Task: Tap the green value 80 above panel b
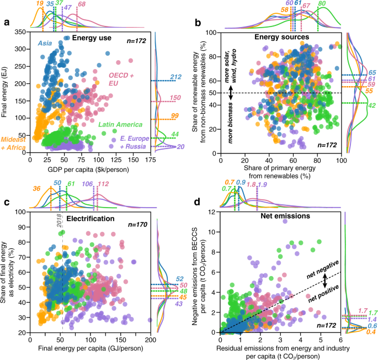coord(322,4)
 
